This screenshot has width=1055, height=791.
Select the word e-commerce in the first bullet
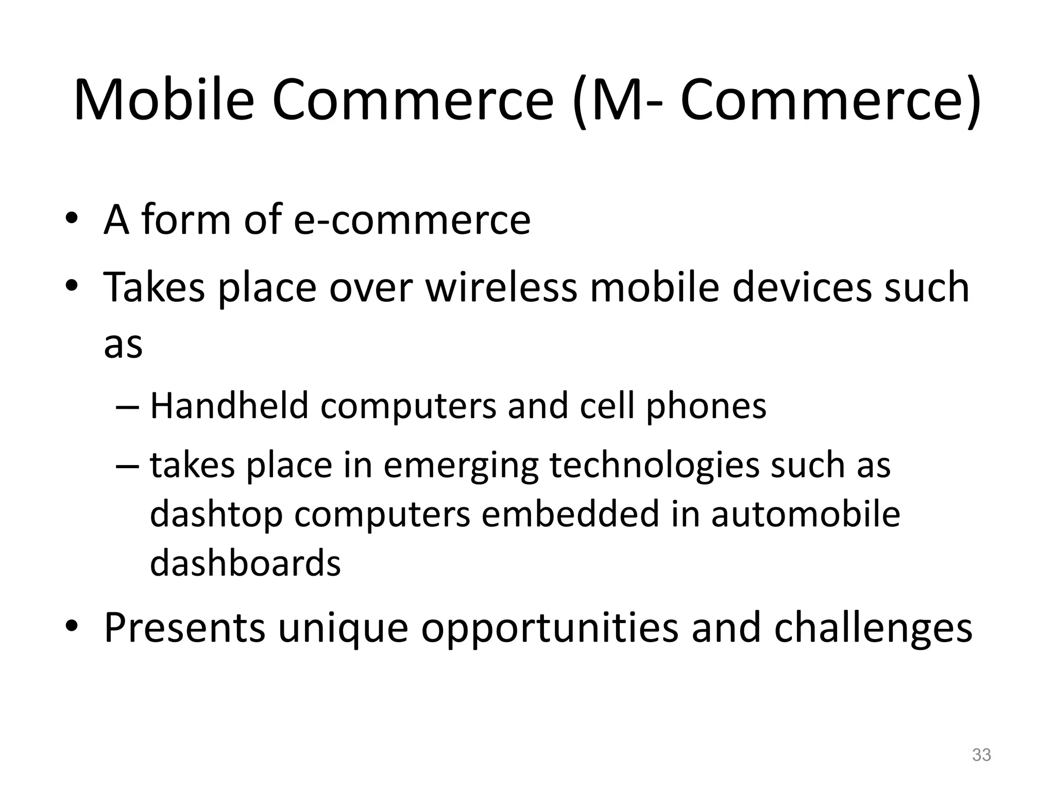[412, 220]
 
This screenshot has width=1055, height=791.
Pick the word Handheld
[229, 406]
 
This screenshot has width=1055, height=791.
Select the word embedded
[570, 514]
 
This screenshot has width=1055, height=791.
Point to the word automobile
[805, 514]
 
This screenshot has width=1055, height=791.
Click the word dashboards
[245, 562]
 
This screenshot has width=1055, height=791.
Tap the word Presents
[184, 628]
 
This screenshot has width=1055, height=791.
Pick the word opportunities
[550, 629]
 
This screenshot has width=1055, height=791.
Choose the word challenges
[873, 628]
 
